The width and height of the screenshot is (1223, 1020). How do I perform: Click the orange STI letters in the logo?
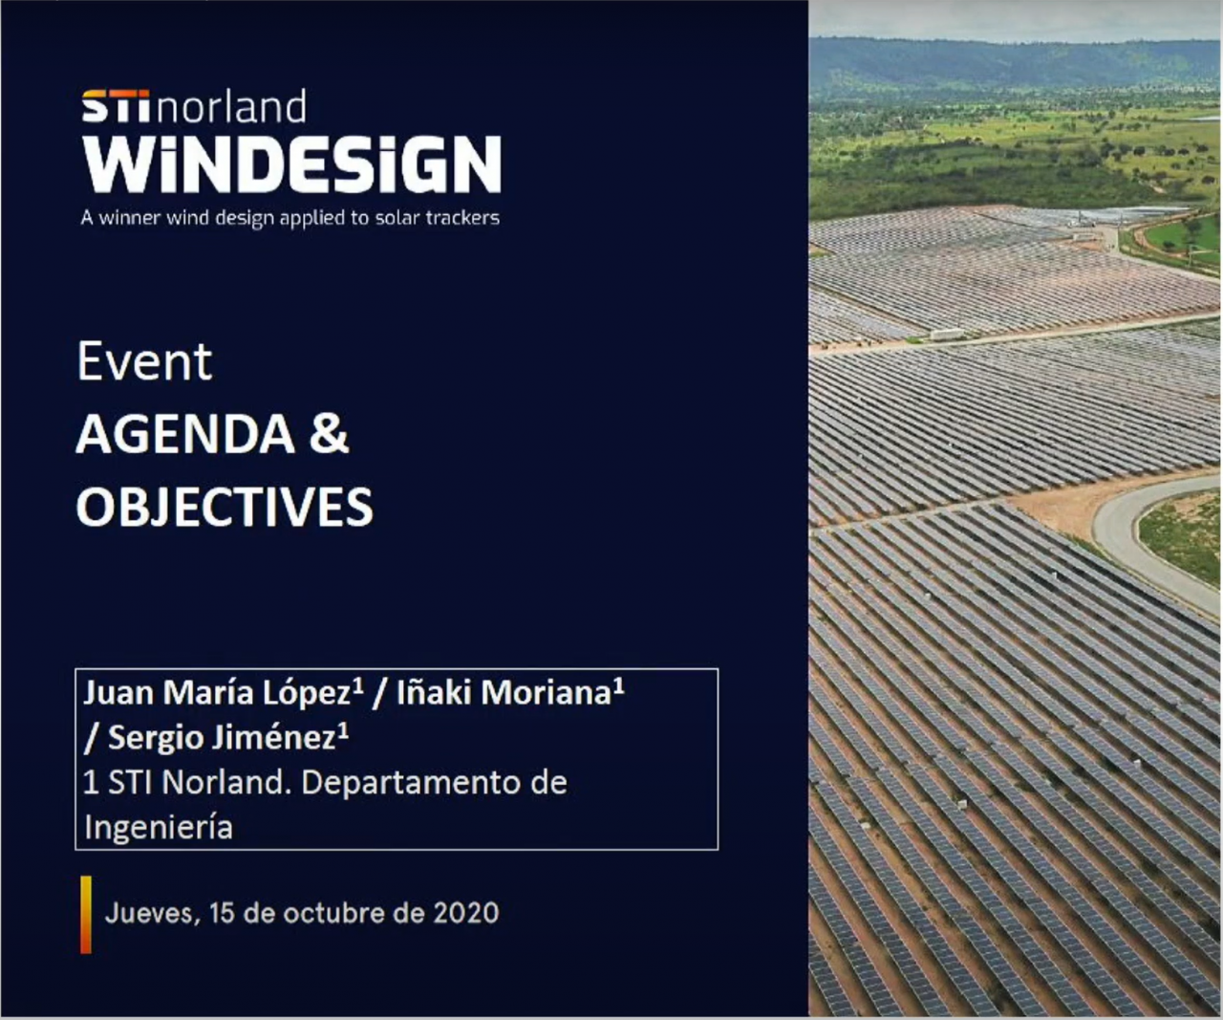pyautogui.click(x=116, y=106)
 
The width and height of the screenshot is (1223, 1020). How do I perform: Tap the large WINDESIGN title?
pyautogui.click(x=291, y=164)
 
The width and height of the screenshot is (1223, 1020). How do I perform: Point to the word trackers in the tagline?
pyautogui.click(x=462, y=218)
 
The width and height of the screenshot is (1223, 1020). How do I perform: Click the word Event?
pyautogui.click(x=144, y=361)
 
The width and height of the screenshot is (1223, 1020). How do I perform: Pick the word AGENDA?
pyautogui.click(x=185, y=434)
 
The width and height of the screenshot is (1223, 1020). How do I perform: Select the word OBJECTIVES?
pyautogui.click(x=225, y=507)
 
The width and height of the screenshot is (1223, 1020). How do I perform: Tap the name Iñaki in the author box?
pyautogui.click(x=434, y=692)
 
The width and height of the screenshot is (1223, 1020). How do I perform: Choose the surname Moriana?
pyautogui.click(x=551, y=692)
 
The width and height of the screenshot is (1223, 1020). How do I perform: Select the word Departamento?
pyautogui.click(x=410, y=783)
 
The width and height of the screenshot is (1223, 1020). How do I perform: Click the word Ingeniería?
pyautogui.click(x=159, y=828)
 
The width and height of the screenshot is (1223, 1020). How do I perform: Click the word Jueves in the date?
pyautogui.click(x=152, y=914)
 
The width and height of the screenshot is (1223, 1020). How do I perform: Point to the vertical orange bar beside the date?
pyautogui.click(x=86, y=915)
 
